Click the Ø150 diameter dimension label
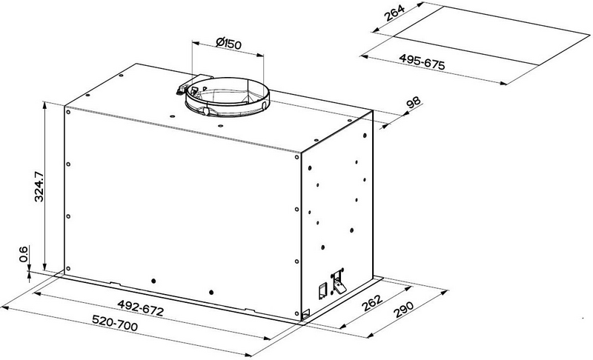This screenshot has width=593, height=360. [228, 44]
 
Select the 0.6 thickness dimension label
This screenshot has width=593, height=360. [24, 254]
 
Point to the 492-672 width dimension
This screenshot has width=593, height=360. [140, 308]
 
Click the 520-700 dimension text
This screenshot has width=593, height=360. [115, 323]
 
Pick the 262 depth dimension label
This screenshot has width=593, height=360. [372, 302]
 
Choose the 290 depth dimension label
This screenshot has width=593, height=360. [403, 309]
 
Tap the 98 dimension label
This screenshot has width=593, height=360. [413, 103]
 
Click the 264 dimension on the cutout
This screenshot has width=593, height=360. [394, 13]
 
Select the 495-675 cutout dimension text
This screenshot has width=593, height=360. [422, 61]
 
